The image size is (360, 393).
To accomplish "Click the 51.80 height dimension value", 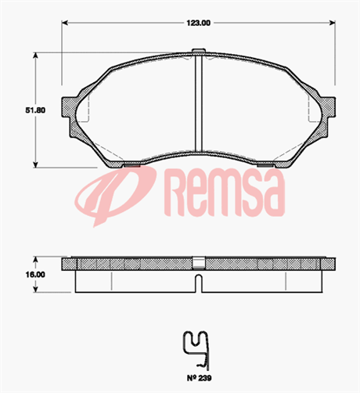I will (x=23, y=110).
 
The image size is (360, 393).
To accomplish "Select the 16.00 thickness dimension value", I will (x=23, y=275).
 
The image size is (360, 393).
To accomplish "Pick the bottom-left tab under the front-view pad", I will (x=131, y=165).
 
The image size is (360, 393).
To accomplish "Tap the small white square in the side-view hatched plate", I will (x=200, y=262).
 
